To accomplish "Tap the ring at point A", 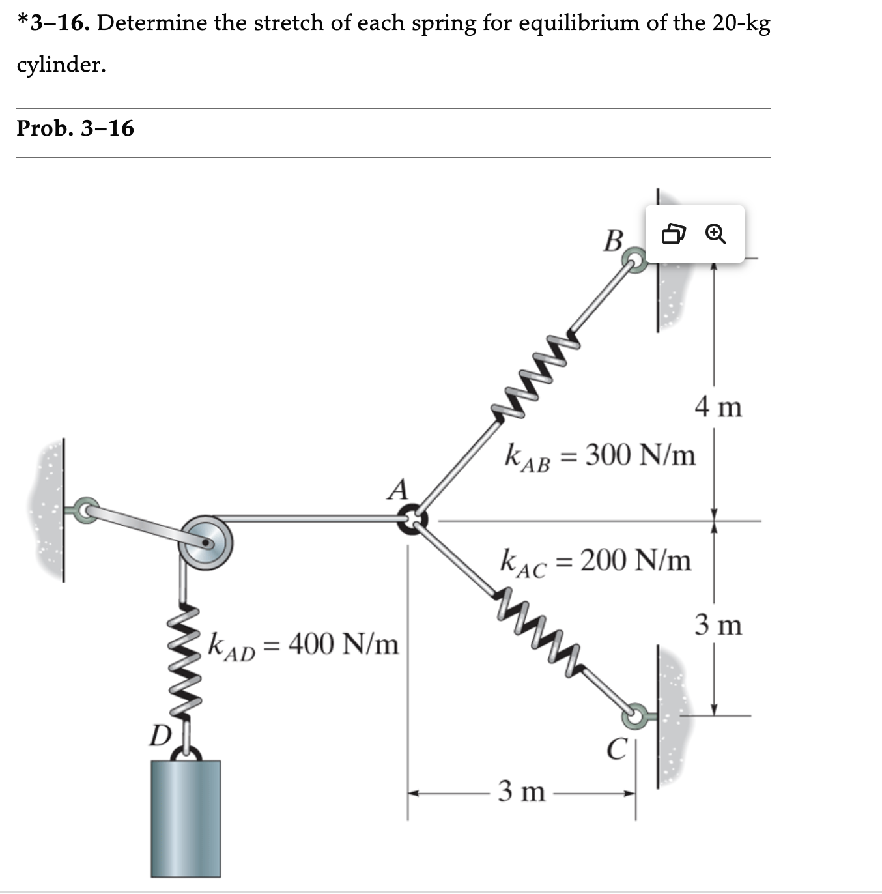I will (412, 519).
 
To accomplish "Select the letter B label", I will (613, 240).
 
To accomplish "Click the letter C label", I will (616, 749).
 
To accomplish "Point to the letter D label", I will (159, 736).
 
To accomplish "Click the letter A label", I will (397, 489).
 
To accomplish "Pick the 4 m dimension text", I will (718, 407).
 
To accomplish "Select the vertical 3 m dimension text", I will (718, 625).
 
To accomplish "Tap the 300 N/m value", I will (640, 454).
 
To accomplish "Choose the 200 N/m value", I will (635, 560).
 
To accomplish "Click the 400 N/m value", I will (343, 644).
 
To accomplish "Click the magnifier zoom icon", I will (715, 233).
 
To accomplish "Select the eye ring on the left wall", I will (85, 509).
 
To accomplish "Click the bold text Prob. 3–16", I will (75, 128).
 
